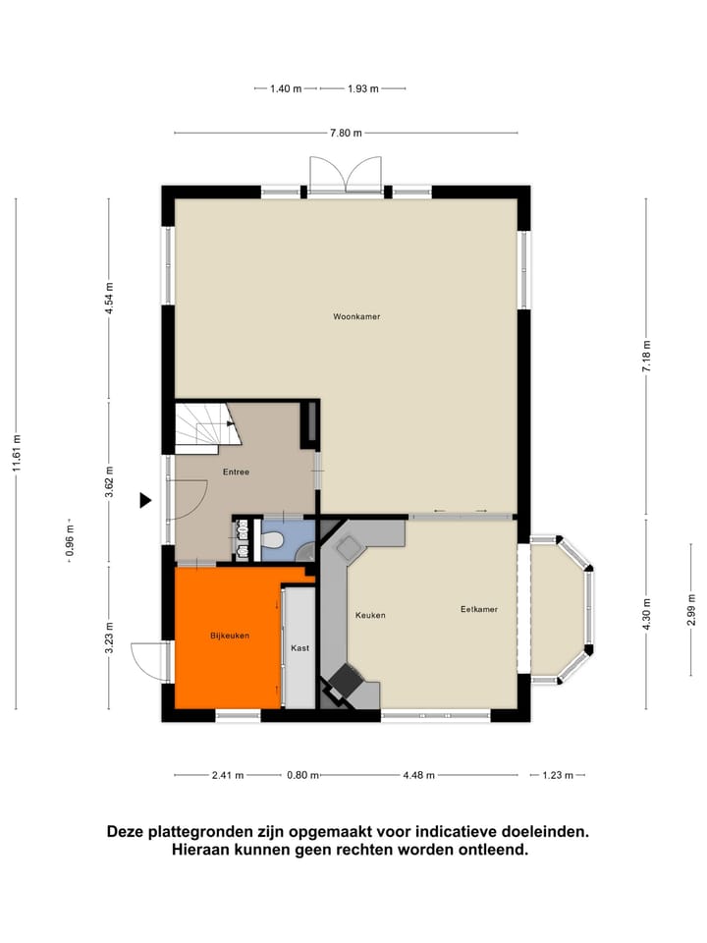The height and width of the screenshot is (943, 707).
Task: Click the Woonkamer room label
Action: tap(356, 317)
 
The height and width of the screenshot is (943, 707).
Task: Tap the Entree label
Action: tap(236, 472)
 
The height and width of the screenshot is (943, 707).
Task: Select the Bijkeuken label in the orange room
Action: tap(230, 636)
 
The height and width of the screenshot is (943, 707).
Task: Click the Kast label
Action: tap(299, 649)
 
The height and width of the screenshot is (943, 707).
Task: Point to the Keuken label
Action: tap(370, 616)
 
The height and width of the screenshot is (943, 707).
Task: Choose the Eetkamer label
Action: tap(479, 610)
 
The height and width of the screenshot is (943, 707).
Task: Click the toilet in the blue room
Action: tap(274, 539)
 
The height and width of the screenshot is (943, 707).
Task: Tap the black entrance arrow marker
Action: tap(145, 501)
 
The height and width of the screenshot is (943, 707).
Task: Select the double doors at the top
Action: tap(345, 175)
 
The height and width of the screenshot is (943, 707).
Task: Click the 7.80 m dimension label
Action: tap(345, 134)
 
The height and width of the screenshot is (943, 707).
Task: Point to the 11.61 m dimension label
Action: tap(17, 455)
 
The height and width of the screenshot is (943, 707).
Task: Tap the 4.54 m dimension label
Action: tap(110, 298)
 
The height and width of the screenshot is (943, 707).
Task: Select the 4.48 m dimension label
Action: tap(419, 775)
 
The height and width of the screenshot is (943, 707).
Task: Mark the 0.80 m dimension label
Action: tap(304, 775)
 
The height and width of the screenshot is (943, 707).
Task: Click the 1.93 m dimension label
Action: tap(361, 89)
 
